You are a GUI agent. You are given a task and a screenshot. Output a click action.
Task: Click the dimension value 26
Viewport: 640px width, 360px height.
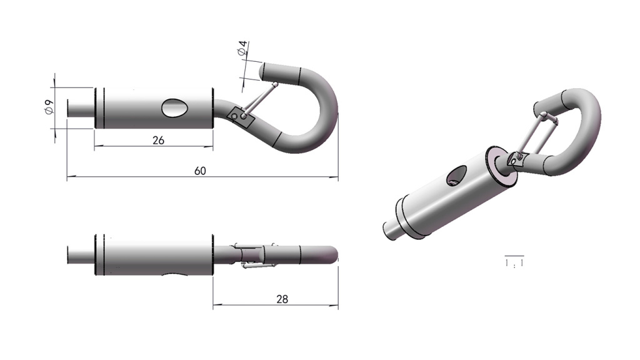158,141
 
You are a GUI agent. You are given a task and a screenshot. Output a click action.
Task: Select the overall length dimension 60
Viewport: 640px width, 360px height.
200,171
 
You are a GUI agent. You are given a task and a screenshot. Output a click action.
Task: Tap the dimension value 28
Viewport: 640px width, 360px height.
282,299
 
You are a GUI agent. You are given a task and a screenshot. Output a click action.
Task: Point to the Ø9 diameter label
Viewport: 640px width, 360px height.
49,106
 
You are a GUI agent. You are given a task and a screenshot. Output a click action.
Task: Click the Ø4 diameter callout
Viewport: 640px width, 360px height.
242,48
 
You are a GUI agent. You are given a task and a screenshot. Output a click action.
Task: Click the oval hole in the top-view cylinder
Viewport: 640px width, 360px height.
175,108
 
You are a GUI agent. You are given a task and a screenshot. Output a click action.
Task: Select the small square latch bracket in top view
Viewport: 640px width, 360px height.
241,117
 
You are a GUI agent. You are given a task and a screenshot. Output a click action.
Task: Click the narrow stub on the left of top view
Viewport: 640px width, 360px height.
81,108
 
